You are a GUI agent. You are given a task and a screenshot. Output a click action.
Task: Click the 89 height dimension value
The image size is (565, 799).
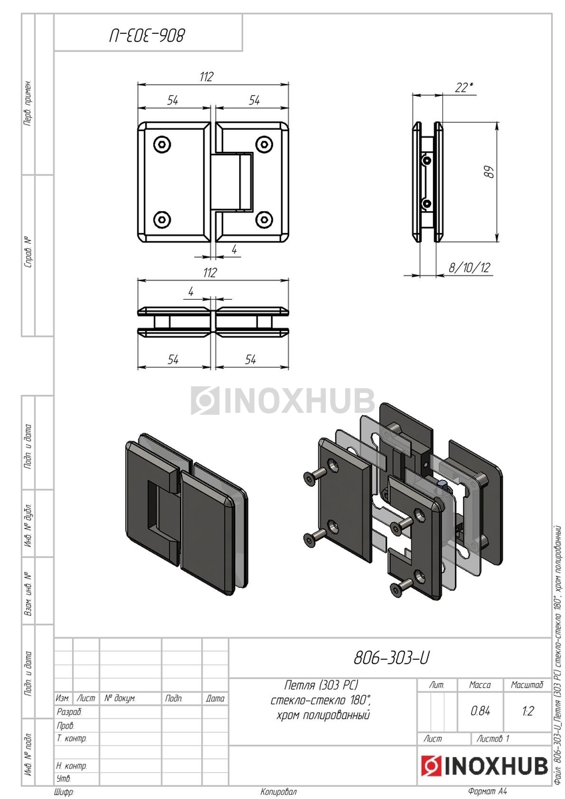pyautogui.click(x=490, y=172)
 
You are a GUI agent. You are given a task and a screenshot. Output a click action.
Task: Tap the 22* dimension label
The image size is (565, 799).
pyautogui.click(x=464, y=87)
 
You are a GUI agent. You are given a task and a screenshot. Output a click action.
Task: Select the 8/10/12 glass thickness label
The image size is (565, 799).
pyautogui.click(x=469, y=267)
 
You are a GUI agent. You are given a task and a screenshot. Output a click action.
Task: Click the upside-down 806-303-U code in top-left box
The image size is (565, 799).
pyautogui.click(x=147, y=36)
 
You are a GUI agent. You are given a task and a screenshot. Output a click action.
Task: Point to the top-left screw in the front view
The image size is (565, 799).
pyautogui.click(x=162, y=144)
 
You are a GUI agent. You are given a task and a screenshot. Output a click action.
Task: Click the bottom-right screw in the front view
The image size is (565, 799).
pyautogui.click(x=264, y=219)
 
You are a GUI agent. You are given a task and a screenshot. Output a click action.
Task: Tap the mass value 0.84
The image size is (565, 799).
pyautogui.click(x=480, y=711)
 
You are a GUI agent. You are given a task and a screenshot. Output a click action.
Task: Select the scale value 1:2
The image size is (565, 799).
pyautogui.click(x=527, y=711)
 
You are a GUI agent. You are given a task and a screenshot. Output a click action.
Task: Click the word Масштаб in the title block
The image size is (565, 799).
pyautogui.click(x=527, y=684)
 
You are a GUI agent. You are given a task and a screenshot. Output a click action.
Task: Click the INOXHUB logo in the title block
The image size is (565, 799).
pyautogui.click(x=484, y=766)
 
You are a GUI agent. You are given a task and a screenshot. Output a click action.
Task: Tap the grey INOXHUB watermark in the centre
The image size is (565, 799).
pyautogui.click(x=282, y=401)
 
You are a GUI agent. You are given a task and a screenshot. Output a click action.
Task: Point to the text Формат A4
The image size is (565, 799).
pyautogui.click(x=487, y=792)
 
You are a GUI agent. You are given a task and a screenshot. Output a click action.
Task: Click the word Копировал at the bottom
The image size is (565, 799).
pyautogui.click(x=279, y=792)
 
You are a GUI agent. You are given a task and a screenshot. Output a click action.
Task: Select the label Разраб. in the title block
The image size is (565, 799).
pyautogui.click(x=69, y=712)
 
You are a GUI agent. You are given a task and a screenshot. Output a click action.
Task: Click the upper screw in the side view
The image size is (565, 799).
pyautogui.click(x=426, y=160)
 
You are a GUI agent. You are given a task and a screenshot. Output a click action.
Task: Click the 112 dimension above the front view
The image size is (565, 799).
pyautogui.click(x=206, y=77)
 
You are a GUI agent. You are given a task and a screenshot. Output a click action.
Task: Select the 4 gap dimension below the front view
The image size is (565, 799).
pyautogui.click(x=234, y=249)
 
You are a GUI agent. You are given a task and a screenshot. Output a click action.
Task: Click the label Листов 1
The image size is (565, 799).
pyautogui.click(x=493, y=738)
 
